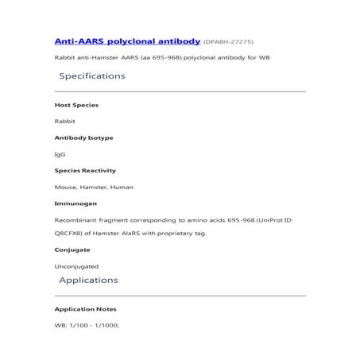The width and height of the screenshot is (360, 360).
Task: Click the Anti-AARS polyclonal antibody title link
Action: click(x=126, y=40)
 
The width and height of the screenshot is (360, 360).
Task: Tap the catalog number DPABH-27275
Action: click(x=229, y=41)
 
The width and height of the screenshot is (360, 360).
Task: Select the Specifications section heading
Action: click(x=92, y=76)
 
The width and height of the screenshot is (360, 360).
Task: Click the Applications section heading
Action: click(x=88, y=280)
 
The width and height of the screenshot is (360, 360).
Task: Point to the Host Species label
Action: click(x=76, y=105)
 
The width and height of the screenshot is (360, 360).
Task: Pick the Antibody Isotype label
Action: click(x=83, y=137)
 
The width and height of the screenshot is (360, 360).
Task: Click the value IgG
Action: click(x=60, y=154)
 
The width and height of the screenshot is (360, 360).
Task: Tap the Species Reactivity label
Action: click(x=85, y=170)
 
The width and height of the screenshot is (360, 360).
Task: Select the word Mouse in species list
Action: click(x=65, y=187)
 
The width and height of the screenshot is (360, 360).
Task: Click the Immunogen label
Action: click(x=75, y=203)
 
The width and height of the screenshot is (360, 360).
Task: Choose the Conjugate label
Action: click(x=72, y=250)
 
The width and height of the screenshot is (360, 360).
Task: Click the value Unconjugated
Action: click(x=76, y=266)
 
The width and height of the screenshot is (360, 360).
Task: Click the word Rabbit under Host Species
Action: click(x=64, y=122)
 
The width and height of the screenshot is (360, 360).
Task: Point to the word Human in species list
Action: click(x=122, y=187)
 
